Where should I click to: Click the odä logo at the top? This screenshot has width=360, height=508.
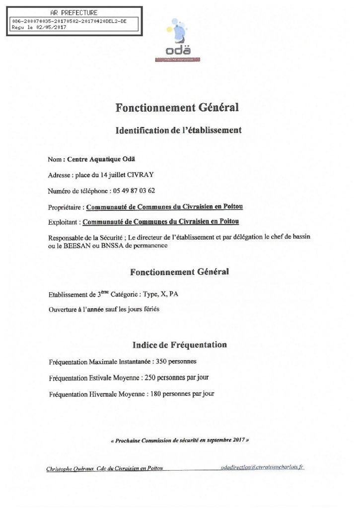pos(183,42)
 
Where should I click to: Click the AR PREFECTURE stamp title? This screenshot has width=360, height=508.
pos(74,13)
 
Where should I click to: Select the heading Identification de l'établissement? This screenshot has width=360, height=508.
pos(178,130)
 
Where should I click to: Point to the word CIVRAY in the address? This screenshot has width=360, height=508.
pos(145,175)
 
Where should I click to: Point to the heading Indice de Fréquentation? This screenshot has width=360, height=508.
pos(179,344)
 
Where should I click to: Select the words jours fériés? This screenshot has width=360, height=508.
pos(144,310)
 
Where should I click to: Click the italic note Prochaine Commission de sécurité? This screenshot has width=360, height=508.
pos(179,440)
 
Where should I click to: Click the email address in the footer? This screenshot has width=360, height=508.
pos(263,467)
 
